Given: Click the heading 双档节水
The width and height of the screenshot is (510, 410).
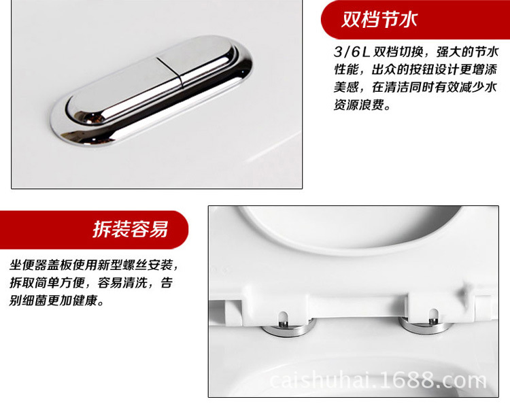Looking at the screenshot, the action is point(379,19).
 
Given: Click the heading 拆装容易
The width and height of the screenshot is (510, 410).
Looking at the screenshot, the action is point(130,229).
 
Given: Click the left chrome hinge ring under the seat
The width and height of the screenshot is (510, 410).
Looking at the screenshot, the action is point(289,328).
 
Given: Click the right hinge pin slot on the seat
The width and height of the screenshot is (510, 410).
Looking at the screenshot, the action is point(434,315).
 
